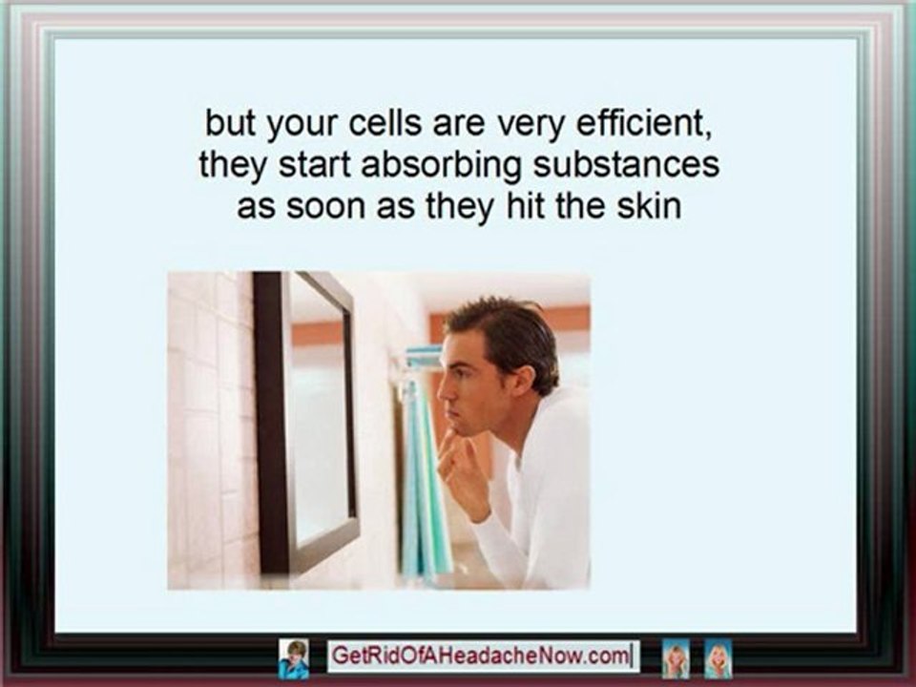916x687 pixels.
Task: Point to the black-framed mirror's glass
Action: [319, 420]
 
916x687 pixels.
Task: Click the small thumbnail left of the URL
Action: [293, 657]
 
